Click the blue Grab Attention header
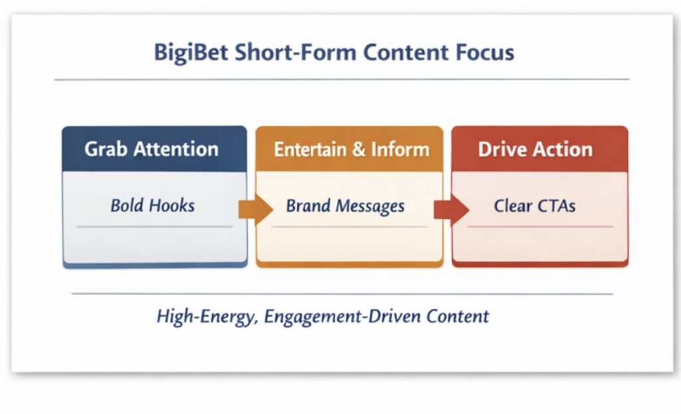click(154, 148)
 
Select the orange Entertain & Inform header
click(349, 148)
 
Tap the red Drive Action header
click(540, 148)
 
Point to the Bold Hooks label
click(152, 206)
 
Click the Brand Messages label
click(345, 206)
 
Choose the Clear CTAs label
click(535, 206)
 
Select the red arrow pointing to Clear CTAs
click(452, 210)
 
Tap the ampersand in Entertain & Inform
click(358, 149)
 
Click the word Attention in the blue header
click(176, 149)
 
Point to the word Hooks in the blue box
click(172, 206)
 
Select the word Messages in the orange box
click(370, 206)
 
